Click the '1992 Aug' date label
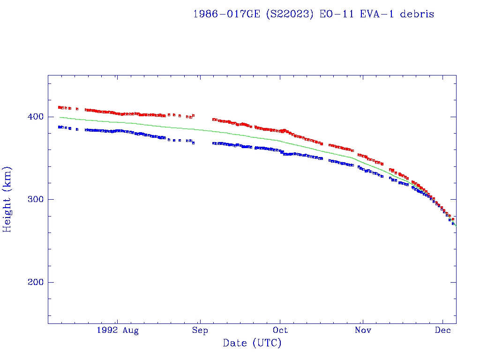point(118,330)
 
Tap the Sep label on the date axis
point(200,330)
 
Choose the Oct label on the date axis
point(280,330)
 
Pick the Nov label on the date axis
point(363,330)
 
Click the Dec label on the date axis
point(443,330)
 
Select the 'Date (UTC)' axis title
point(252,343)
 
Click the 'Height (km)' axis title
point(7,199)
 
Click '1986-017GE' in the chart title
point(227,14)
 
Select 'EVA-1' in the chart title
point(375,14)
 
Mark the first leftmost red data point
point(59,107)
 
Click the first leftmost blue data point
point(59,127)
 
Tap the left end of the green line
point(60,117)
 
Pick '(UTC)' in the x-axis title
point(267,343)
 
